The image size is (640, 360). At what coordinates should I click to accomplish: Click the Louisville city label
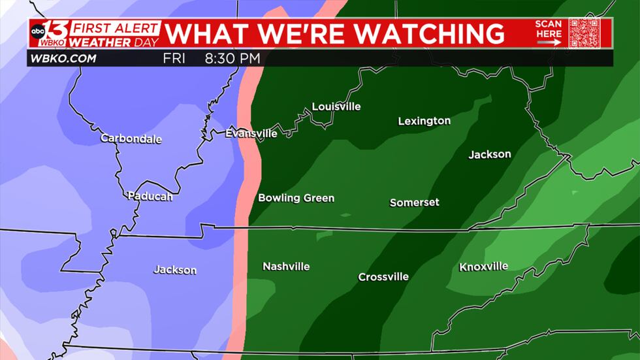336,106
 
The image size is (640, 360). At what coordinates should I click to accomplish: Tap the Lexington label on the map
424,121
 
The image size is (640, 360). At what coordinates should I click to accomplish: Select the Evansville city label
251,133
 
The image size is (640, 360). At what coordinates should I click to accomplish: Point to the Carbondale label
131,139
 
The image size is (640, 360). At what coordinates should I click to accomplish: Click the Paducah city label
150,196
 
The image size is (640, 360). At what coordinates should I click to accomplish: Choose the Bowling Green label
296,198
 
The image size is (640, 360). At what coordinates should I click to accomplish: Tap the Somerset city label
414,203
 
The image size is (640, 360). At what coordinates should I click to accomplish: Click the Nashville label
286,267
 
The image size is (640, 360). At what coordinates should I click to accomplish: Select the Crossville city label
383,277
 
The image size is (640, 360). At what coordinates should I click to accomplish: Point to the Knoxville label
483,267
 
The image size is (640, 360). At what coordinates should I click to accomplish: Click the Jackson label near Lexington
489,155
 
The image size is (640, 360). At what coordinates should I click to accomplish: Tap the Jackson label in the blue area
174,270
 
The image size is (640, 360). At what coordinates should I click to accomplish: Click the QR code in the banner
583,33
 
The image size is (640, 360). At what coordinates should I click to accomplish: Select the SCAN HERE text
549,29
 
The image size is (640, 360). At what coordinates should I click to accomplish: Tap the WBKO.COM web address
63,59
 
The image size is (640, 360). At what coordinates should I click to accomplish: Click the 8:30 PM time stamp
232,59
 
